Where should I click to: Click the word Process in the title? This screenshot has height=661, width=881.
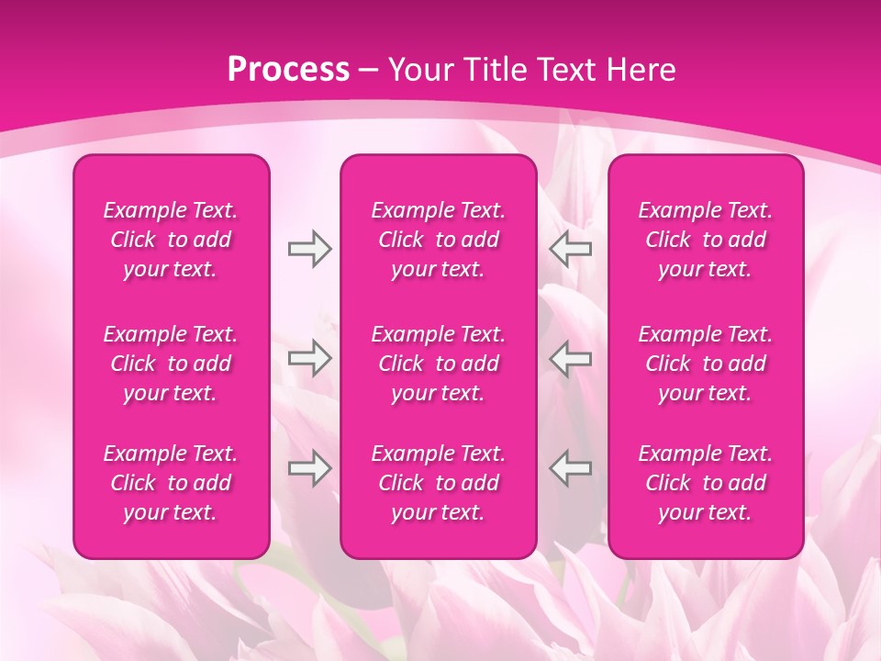288,70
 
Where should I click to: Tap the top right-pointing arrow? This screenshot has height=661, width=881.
309,248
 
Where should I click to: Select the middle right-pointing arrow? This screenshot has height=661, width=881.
309,357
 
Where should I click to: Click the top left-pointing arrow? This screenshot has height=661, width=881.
571,248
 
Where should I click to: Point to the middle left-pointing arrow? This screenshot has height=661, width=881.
571,357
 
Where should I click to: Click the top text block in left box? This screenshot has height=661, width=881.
171,240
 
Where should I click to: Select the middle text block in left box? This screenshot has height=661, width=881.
171,364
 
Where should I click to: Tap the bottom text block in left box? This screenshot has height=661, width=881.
171,483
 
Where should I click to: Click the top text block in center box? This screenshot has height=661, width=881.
439,240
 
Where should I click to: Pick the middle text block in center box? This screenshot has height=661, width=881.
439,364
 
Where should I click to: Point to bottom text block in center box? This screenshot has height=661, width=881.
439,483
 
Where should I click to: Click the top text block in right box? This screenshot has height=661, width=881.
706,240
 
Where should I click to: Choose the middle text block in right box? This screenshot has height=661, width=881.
706,364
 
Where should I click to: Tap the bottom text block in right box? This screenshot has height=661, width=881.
706,483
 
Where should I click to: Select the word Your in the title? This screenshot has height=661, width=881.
419,70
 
